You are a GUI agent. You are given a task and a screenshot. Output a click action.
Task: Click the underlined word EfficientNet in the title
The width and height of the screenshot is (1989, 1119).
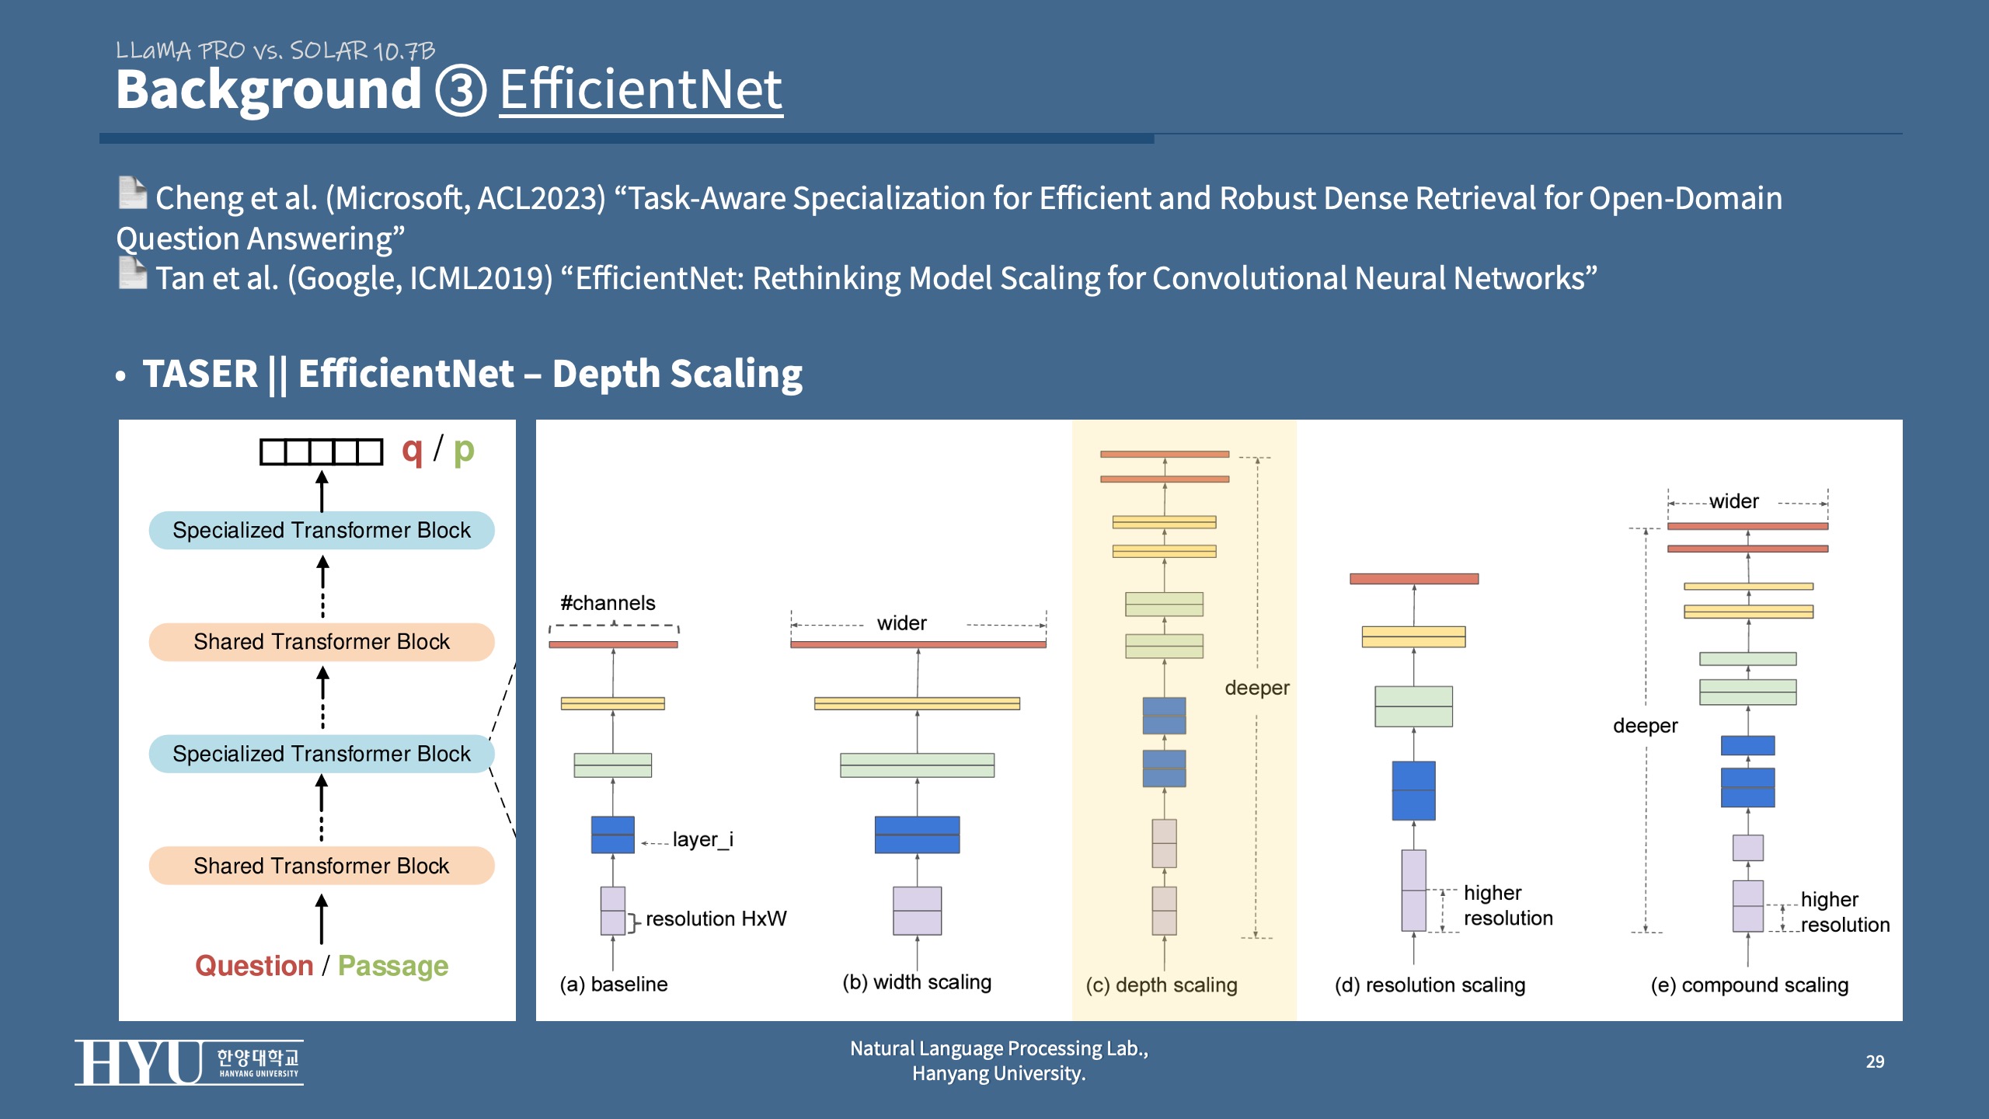tap(641, 90)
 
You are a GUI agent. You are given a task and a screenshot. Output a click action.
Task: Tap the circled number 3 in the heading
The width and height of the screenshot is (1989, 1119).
tap(461, 90)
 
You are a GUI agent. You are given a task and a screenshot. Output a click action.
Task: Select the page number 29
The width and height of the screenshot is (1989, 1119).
tap(1875, 1061)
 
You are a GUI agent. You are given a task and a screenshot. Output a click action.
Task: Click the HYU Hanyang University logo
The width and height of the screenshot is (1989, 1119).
tap(189, 1062)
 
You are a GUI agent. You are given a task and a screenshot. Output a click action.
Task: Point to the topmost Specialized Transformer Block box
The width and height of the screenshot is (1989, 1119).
tap(322, 530)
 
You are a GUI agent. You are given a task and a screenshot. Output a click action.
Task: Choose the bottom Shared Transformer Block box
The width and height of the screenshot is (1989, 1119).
tap(322, 866)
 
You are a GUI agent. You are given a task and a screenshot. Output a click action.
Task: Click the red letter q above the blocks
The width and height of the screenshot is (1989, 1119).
tap(412, 451)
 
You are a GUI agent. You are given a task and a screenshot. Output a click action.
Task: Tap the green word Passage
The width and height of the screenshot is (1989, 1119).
tap(393, 966)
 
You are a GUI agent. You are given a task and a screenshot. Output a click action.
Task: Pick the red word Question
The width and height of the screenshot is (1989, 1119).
tap(254, 966)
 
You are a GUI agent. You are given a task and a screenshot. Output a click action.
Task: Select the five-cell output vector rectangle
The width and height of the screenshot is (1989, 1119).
tap(322, 451)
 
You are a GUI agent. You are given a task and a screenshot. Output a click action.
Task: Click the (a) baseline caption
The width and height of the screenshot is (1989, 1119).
tap(614, 985)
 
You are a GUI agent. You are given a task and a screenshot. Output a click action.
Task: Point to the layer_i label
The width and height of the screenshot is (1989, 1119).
tap(703, 839)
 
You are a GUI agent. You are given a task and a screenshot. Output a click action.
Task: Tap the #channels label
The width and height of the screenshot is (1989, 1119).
tap(608, 603)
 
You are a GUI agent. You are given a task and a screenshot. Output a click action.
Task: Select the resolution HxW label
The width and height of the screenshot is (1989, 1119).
tap(716, 919)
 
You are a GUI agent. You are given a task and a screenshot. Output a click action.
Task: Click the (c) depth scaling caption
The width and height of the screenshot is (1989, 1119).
tap(1162, 985)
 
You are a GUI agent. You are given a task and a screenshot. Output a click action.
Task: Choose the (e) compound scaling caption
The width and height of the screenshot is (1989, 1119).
tap(1750, 985)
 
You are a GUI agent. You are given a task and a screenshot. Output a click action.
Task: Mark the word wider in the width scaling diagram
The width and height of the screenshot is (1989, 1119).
tap(902, 623)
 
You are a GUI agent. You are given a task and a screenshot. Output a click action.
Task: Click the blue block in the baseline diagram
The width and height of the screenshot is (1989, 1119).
tap(613, 835)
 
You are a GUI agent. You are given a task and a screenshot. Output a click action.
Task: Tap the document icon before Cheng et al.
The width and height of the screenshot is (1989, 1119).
tap(133, 193)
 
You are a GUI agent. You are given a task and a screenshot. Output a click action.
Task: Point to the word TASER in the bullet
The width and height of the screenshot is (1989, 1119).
tap(200, 374)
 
